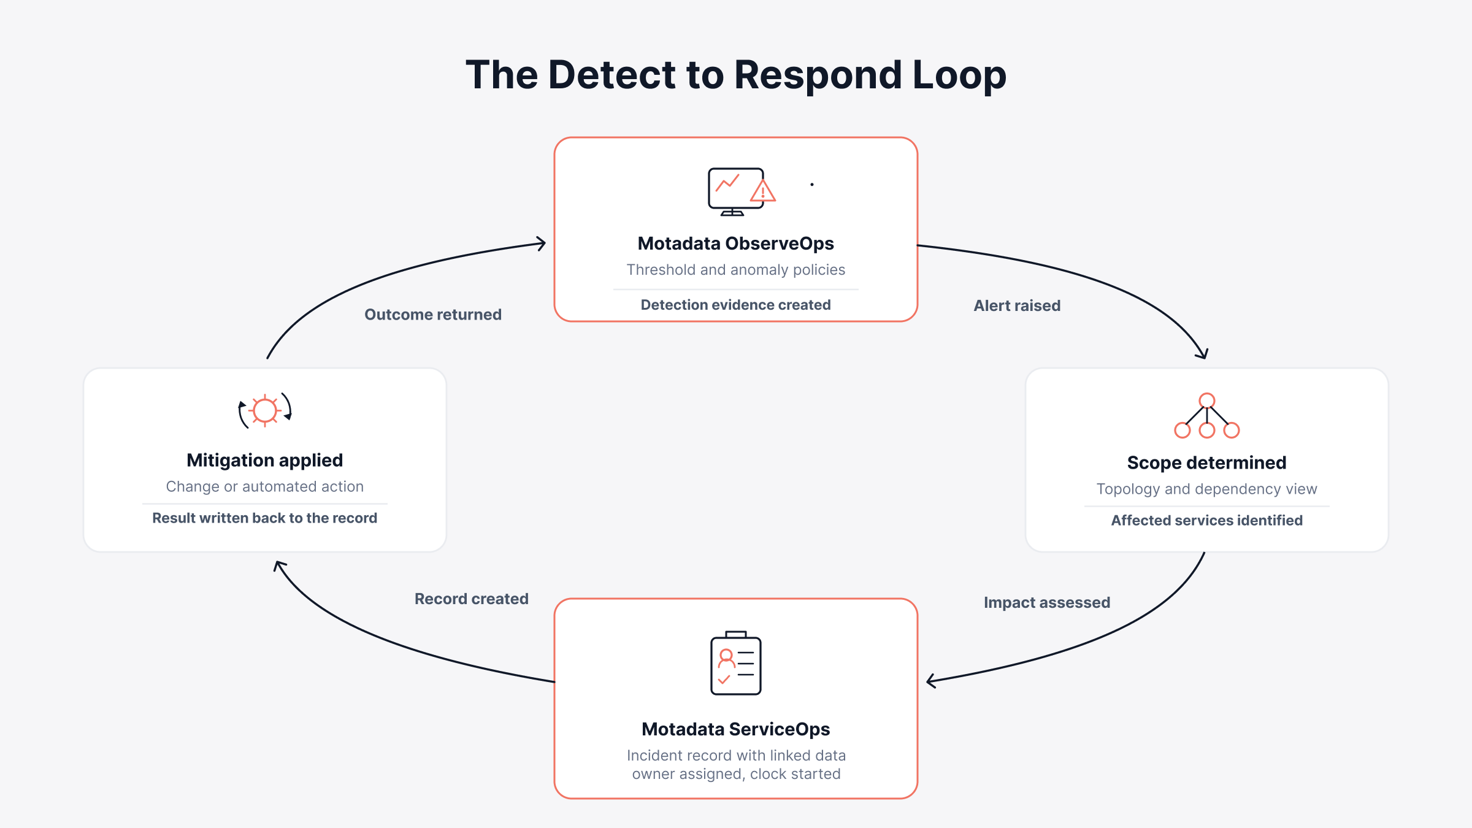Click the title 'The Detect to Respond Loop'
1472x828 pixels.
tap(736, 75)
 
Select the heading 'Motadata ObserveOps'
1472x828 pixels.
tap(736, 243)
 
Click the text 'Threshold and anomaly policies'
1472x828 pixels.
tap(736, 270)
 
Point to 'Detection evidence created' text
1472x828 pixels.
tap(736, 305)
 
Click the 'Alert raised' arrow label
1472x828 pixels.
tap(1017, 305)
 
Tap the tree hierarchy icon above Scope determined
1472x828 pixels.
tap(1207, 416)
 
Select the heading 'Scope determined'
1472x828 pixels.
tap(1207, 462)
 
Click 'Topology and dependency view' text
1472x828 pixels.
tap(1207, 489)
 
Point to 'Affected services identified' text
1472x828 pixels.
tap(1207, 520)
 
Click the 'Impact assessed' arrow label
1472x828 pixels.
tap(1047, 602)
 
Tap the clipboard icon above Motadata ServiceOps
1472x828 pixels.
tap(736, 663)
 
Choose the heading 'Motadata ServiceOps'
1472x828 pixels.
tap(736, 729)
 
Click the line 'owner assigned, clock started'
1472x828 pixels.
tap(736, 774)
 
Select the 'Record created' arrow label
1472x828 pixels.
tap(471, 599)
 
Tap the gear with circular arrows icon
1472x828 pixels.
tap(265, 410)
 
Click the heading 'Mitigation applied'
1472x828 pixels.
tap(265, 460)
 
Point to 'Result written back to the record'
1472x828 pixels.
tap(265, 518)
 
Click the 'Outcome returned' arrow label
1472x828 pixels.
tap(433, 315)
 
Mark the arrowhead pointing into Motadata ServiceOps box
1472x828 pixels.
tap(930, 681)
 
